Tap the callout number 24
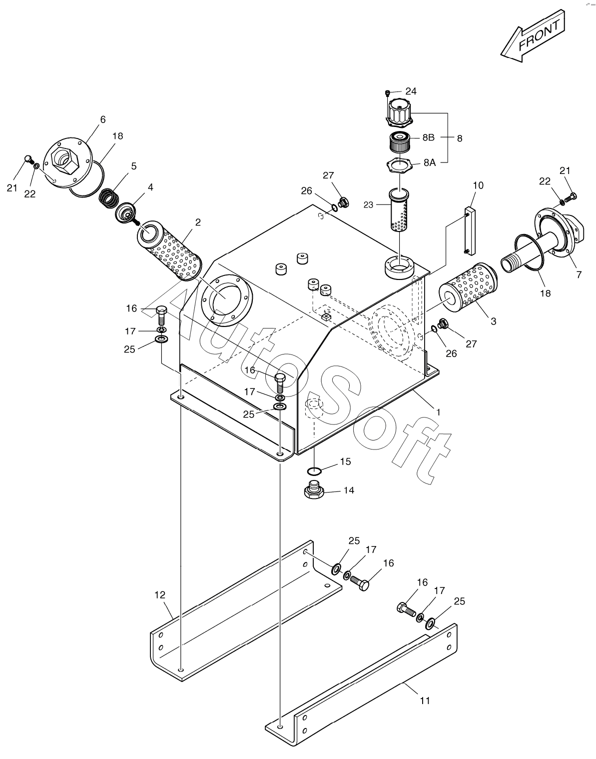(x=411, y=91)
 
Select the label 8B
(x=428, y=137)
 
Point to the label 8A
(x=430, y=162)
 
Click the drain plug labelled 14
(x=314, y=491)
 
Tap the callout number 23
(x=369, y=204)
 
